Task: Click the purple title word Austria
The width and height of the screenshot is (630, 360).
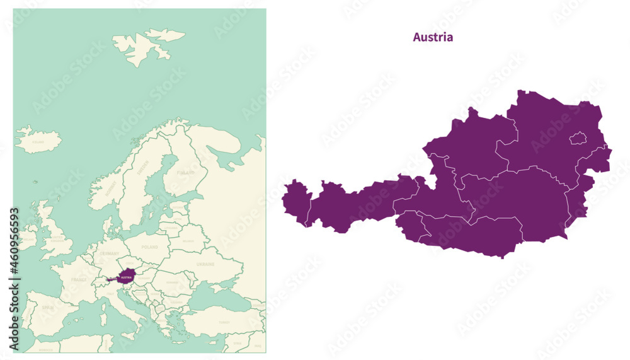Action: [433, 37]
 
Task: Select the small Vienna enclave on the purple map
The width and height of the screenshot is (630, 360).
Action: [578, 138]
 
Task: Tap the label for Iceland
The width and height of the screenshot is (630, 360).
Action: [38, 142]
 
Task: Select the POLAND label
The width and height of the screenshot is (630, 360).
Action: [151, 248]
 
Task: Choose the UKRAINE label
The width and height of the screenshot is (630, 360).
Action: [205, 264]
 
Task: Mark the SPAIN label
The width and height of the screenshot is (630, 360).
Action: [48, 308]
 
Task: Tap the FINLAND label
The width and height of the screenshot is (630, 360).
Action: [185, 172]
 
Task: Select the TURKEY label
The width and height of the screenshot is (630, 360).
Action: [224, 322]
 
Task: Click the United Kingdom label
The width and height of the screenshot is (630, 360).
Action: [57, 238]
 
